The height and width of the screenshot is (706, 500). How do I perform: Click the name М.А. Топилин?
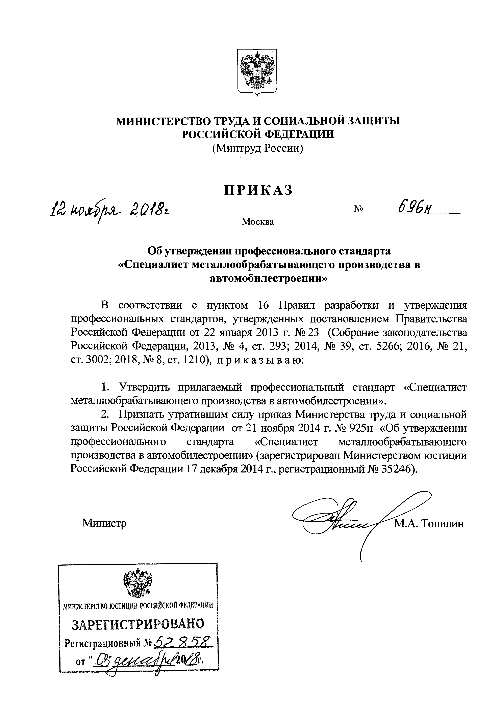429,523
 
